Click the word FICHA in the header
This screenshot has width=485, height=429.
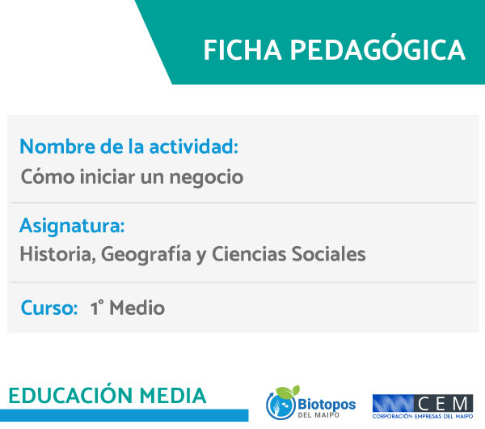(x=242, y=50)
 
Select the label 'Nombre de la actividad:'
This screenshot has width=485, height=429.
(x=129, y=147)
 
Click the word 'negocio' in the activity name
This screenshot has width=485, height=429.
(x=207, y=178)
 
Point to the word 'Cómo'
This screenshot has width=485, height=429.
(x=48, y=176)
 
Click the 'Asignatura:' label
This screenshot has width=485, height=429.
(x=72, y=226)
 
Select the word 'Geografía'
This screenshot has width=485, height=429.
(x=146, y=255)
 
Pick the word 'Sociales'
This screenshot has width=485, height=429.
(x=329, y=254)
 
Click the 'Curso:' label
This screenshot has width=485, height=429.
(x=49, y=308)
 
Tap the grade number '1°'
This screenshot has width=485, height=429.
(x=97, y=308)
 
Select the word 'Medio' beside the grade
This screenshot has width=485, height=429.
(x=137, y=308)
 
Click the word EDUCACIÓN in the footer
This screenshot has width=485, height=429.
(x=70, y=395)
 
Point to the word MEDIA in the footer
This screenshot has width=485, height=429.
(x=173, y=396)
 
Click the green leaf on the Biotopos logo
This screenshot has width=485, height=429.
(x=289, y=392)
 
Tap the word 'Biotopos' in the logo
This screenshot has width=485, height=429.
(x=327, y=405)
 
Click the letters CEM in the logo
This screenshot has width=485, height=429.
(x=443, y=404)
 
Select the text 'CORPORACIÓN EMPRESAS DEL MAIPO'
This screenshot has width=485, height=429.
(x=423, y=417)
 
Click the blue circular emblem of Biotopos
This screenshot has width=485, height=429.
(x=280, y=405)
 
